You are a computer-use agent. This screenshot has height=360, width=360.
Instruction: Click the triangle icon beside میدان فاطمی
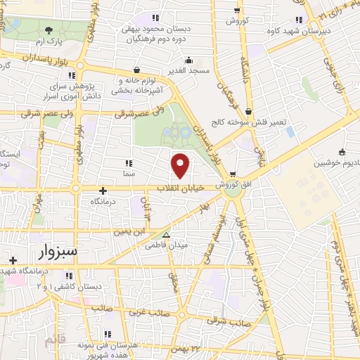pos(167,236)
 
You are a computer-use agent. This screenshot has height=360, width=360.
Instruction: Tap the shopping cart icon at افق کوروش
pos(233,175)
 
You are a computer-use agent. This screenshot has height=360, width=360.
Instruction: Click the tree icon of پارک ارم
pos(49,30)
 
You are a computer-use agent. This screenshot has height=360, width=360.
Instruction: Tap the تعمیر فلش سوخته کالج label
pos(259,122)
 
